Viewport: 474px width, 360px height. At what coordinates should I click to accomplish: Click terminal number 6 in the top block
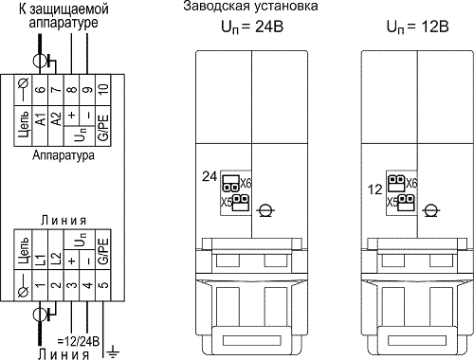[x=41, y=90]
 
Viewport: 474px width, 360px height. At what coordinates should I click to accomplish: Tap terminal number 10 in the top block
[x=103, y=89]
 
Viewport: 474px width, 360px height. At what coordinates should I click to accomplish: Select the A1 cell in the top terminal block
[x=41, y=120]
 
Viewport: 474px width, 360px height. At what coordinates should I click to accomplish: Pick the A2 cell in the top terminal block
[x=56, y=119]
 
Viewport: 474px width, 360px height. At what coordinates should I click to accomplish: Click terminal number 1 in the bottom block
[x=40, y=285]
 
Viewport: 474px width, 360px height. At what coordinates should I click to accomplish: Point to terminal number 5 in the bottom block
[x=103, y=285]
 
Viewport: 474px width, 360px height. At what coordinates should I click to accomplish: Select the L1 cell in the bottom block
[x=41, y=259]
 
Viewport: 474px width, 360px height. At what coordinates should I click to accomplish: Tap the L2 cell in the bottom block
[x=56, y=259]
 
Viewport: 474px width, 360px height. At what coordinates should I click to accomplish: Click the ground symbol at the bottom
[x=113, y=351]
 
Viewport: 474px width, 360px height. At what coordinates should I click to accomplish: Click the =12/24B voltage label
[x=79, y=341]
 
